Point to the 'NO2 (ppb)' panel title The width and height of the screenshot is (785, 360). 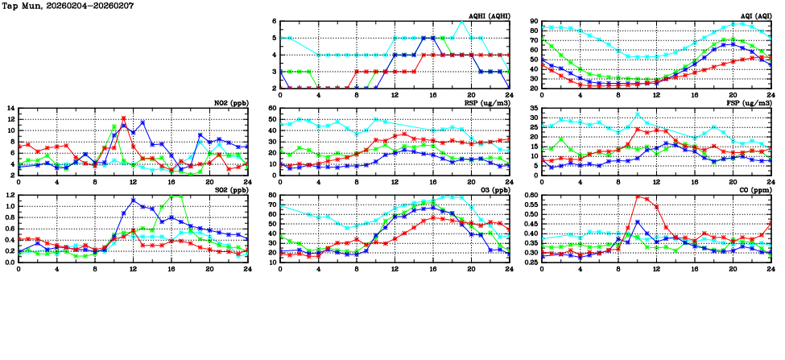click(228, 103)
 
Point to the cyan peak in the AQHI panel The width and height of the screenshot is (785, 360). click(460, 22)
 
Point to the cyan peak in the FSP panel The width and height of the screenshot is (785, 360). click(638, 114)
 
